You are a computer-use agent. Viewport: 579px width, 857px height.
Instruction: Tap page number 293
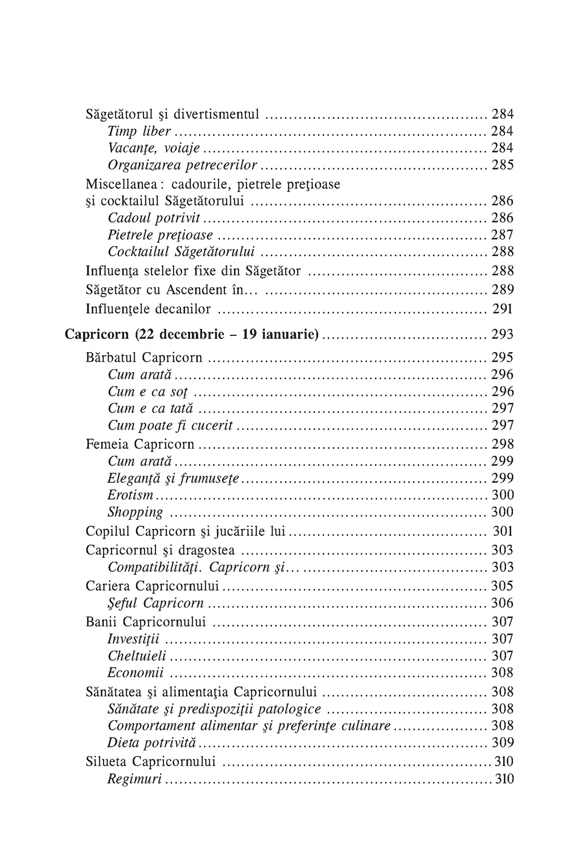click(502, 335)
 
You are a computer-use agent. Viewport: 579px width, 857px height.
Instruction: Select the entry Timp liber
click(139, 131)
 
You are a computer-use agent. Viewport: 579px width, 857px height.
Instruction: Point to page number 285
click(502, 165)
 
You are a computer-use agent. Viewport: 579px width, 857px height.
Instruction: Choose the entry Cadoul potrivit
click(154, 218)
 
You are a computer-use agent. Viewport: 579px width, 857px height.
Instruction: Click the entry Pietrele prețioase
click(161, 235)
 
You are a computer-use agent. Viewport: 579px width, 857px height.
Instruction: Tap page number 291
click(502, 309)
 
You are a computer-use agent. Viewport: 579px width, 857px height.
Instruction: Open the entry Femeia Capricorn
click(140, 444)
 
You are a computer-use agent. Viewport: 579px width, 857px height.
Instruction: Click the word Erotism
click(130, 495)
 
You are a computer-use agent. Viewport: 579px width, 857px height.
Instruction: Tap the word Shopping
click(135, 512)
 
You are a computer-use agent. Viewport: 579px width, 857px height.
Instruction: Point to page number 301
click(503, 531)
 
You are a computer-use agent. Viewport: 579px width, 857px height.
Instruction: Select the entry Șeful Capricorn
click(155, 603)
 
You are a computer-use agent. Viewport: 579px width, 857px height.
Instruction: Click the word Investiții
click(133, 639)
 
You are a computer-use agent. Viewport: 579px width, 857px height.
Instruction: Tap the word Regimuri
click(135, 780)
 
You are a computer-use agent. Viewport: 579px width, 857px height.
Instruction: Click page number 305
click(502, 586)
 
